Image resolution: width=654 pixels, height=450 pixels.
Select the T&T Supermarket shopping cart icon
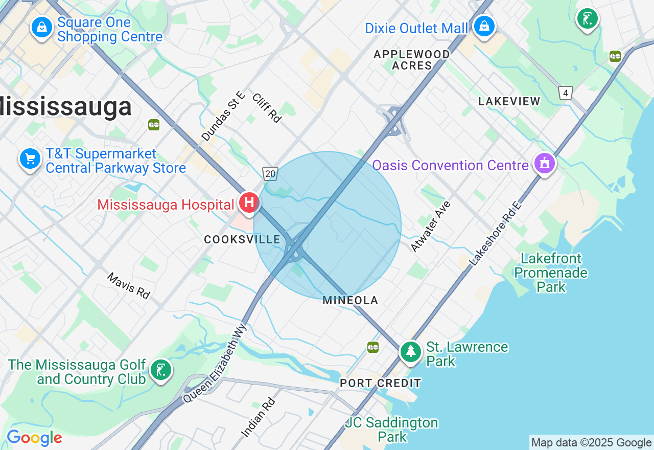pyautogui.click(x=30, y=159)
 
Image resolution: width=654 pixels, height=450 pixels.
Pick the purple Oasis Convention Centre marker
pyautogui.click(x=544, y=164)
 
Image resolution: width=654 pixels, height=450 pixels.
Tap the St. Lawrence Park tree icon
pyautogui.click(x=410, y=352)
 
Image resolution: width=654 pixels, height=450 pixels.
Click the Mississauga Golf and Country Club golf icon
pyautogui.click(x=161, y=370)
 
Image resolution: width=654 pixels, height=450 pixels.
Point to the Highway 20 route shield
pyautogui.click(x=270, y=174)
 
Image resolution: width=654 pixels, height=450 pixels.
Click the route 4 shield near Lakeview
pyautogui.click(x=565, y=93)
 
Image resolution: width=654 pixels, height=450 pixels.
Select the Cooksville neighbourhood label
pyautogui.click(x=242, y=239)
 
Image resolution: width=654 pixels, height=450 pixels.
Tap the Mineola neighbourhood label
pyautogui.click(x=351, y=301)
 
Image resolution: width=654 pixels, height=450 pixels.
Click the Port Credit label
pyautogui.click(x=381, y=383)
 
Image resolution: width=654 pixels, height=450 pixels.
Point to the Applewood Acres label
pyautogui.click(x=412, y=60)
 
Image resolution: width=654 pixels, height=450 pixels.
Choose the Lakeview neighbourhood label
pyautogui.click(x=509, y=101)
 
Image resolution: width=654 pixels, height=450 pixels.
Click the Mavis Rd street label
pyautogui.click(x=129, y=285)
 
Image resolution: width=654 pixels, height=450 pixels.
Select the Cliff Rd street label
pyautogui.click(x=267, y=107)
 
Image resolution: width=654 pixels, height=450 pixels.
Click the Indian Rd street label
pyautogui.click(x=258, y=417)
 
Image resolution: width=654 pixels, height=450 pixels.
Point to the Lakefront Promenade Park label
pyautogui.click(x=551, y=273)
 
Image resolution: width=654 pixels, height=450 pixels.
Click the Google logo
pyautogui.click(x=34, y=438)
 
